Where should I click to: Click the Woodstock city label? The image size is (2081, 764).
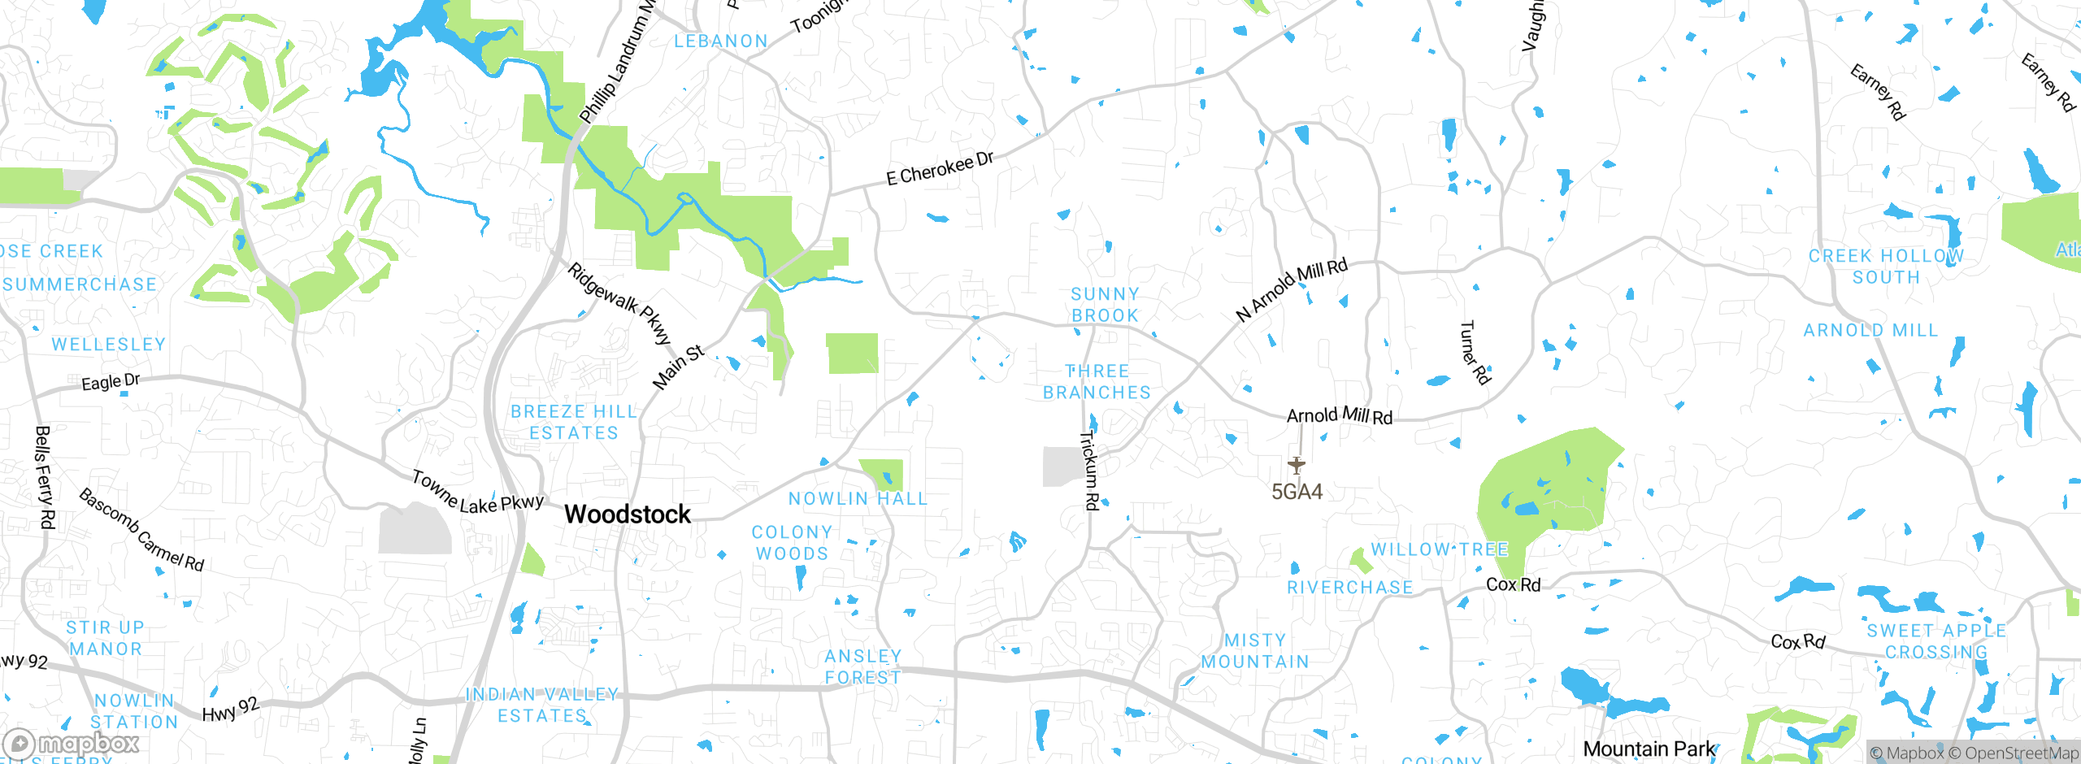click(x=628, y=514)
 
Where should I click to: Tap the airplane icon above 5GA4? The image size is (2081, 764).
click(x=1297, y=466)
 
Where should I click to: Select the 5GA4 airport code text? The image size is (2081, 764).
click(x=1297, y=492)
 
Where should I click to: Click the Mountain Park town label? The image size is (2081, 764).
click(x=1649, y=749)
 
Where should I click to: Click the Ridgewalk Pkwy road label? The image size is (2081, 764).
click(x=620, y=303)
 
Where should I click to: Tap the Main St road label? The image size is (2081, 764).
click(x=678, y=367)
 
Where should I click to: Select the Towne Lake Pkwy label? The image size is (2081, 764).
click(x=477, y=493)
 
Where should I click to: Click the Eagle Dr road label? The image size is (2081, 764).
click(x=111, y=381)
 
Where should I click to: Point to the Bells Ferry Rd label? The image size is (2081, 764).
click(x=45, y=477)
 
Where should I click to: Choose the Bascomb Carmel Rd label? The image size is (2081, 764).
click(x=141, y=530)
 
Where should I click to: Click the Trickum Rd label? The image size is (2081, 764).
click(x=1089, y=471)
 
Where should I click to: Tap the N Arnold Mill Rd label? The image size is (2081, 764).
click(x=1292, y=289)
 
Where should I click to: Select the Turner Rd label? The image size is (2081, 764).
click(x=1475, y=353)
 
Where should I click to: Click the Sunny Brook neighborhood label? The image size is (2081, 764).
click(x=1105, y=305)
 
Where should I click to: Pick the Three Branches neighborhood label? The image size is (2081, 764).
click(x=1097, y=382)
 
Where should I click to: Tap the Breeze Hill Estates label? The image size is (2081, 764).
click(x=574, y=423)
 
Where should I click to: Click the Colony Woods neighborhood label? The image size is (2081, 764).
click(x=792, y=543)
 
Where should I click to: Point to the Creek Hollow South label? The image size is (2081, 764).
click(x=1886, y=267)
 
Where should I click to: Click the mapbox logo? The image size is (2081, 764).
click(x=72, y=744)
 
